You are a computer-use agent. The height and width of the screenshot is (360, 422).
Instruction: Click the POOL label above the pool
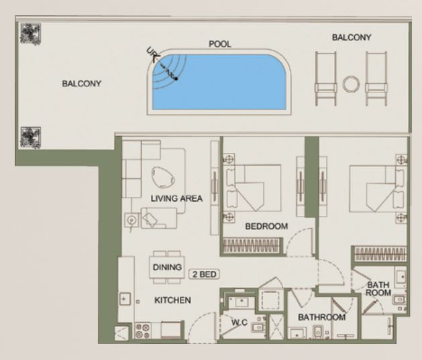[x=220, y=44]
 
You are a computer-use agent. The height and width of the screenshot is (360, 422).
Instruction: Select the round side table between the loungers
[x=351, y=84]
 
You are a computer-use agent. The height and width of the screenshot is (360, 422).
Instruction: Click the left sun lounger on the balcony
[x=325, y=78]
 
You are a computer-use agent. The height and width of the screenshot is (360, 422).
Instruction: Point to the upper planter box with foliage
[x=31, y=34]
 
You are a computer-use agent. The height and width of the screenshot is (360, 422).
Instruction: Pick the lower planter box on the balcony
[x=31, y=137]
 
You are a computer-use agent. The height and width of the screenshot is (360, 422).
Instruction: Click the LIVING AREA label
[x=176, y=198]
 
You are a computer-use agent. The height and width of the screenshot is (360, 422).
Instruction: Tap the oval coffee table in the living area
[x=162, y=177]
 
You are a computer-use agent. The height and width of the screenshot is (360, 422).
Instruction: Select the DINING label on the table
[x=167, y=267]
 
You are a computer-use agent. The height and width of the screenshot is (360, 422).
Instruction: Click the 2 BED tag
[x=204, y=274]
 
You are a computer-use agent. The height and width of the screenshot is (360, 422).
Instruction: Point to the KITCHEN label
[x=172, y=300]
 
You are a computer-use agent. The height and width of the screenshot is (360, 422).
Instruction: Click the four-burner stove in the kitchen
[x=143, y=331]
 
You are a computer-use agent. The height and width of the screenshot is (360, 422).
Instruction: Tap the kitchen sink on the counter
[x=125, y=299]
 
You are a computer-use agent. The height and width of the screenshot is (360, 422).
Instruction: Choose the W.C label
[x=240, y=322]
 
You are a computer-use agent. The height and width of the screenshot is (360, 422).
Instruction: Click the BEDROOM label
[x=266, y=227]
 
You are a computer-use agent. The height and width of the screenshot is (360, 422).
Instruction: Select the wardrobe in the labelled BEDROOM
[x=252, y=245]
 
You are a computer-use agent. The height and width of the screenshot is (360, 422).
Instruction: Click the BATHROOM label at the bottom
[x=321, y=317]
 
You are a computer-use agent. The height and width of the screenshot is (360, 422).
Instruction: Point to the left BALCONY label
[x=82, y=84]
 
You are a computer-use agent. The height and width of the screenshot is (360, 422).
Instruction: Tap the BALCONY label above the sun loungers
[x=352, y=38]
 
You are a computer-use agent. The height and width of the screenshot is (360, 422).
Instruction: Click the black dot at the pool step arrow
[x=176, y=78]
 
